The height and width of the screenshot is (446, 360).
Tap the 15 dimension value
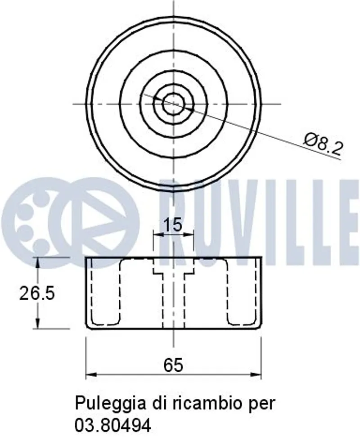(173, 225)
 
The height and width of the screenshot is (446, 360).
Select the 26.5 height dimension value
(37, 293)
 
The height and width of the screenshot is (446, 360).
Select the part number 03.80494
(112, 425)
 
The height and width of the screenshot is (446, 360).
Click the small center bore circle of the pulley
(173, 104)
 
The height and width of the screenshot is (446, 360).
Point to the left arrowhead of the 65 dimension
(90, 374)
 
